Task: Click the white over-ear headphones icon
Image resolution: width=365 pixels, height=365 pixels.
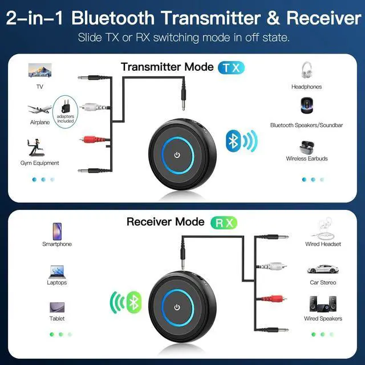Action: click(x=306, y=71)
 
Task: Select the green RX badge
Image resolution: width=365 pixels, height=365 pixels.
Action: click(x=222, y=221)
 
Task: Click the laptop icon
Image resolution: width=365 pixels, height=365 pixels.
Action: click(x=56, y=270)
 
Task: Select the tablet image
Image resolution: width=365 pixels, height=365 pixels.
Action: click(x=56, y=306)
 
